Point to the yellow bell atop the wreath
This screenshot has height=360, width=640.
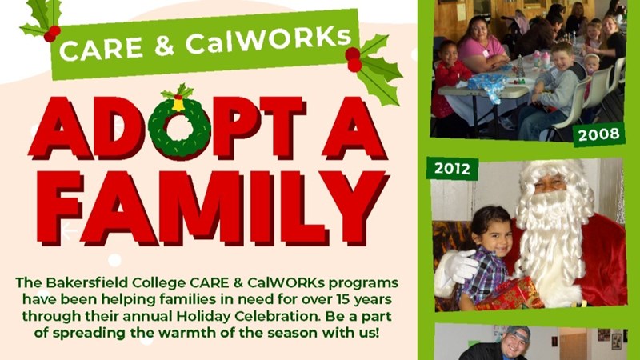point(178,104)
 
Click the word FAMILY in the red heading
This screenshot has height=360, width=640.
point(211,208)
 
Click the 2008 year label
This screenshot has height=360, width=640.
point(598,134)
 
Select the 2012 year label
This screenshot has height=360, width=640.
point(452,169)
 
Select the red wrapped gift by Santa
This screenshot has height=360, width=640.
point(510,294)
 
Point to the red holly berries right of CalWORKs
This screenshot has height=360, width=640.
point(353,59)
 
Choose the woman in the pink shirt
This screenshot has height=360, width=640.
point(482,44)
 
